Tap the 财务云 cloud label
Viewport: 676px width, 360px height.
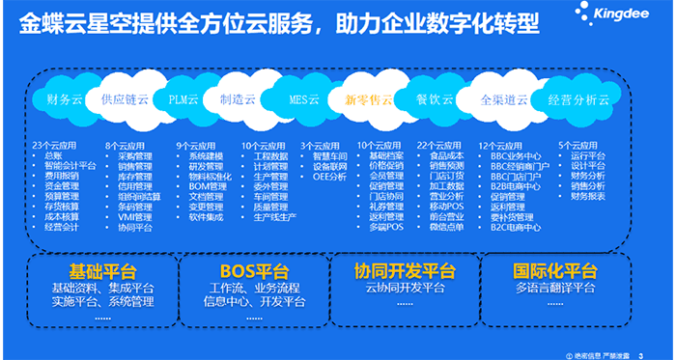[x=65, y=98]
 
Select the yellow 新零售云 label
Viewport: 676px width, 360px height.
[x=369, y=98]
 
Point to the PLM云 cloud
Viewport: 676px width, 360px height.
[x=183, y=98]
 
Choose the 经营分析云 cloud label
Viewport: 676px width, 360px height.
[x=578, y=98]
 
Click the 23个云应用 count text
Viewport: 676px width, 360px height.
[x=53, y=145]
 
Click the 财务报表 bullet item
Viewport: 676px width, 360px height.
[x=587, y=197]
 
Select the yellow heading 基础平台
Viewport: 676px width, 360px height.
[x=99, y=269]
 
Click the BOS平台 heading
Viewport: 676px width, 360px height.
[x=255, y=269]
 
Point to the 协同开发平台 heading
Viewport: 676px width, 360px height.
[x=408, y=269]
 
